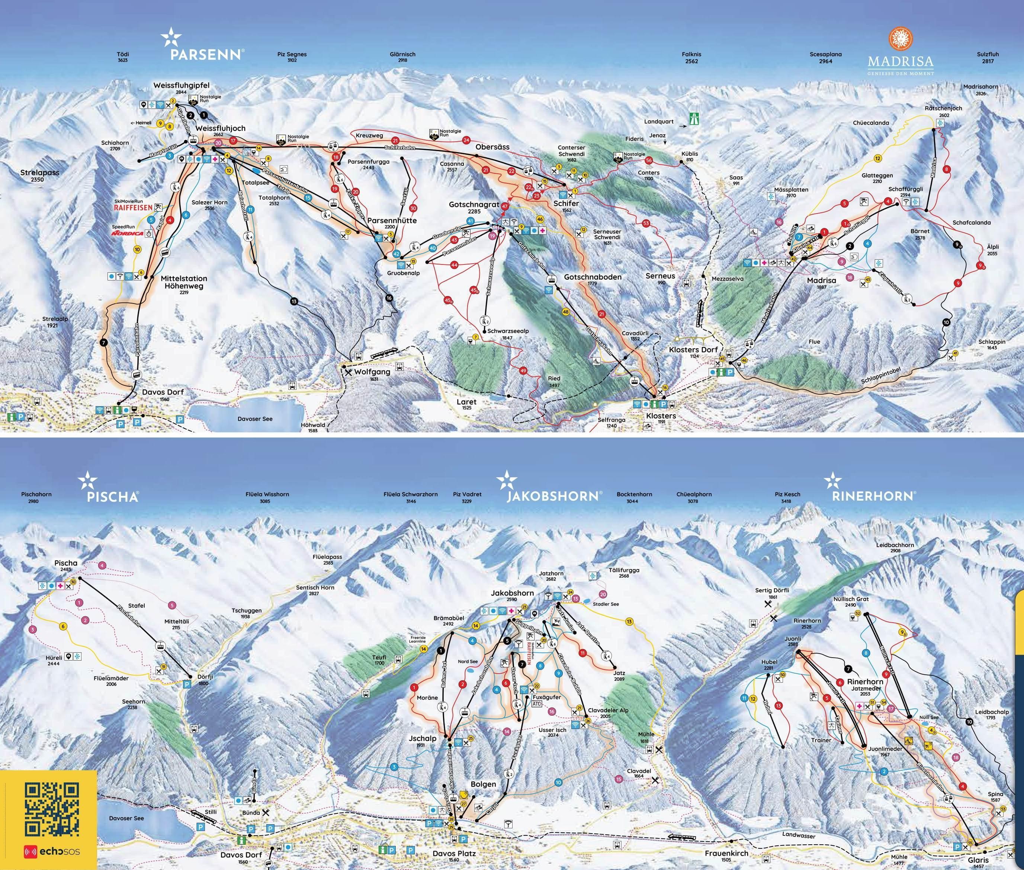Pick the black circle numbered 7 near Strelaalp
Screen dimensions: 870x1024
(103, 342)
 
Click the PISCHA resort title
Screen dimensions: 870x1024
(112, 496)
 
